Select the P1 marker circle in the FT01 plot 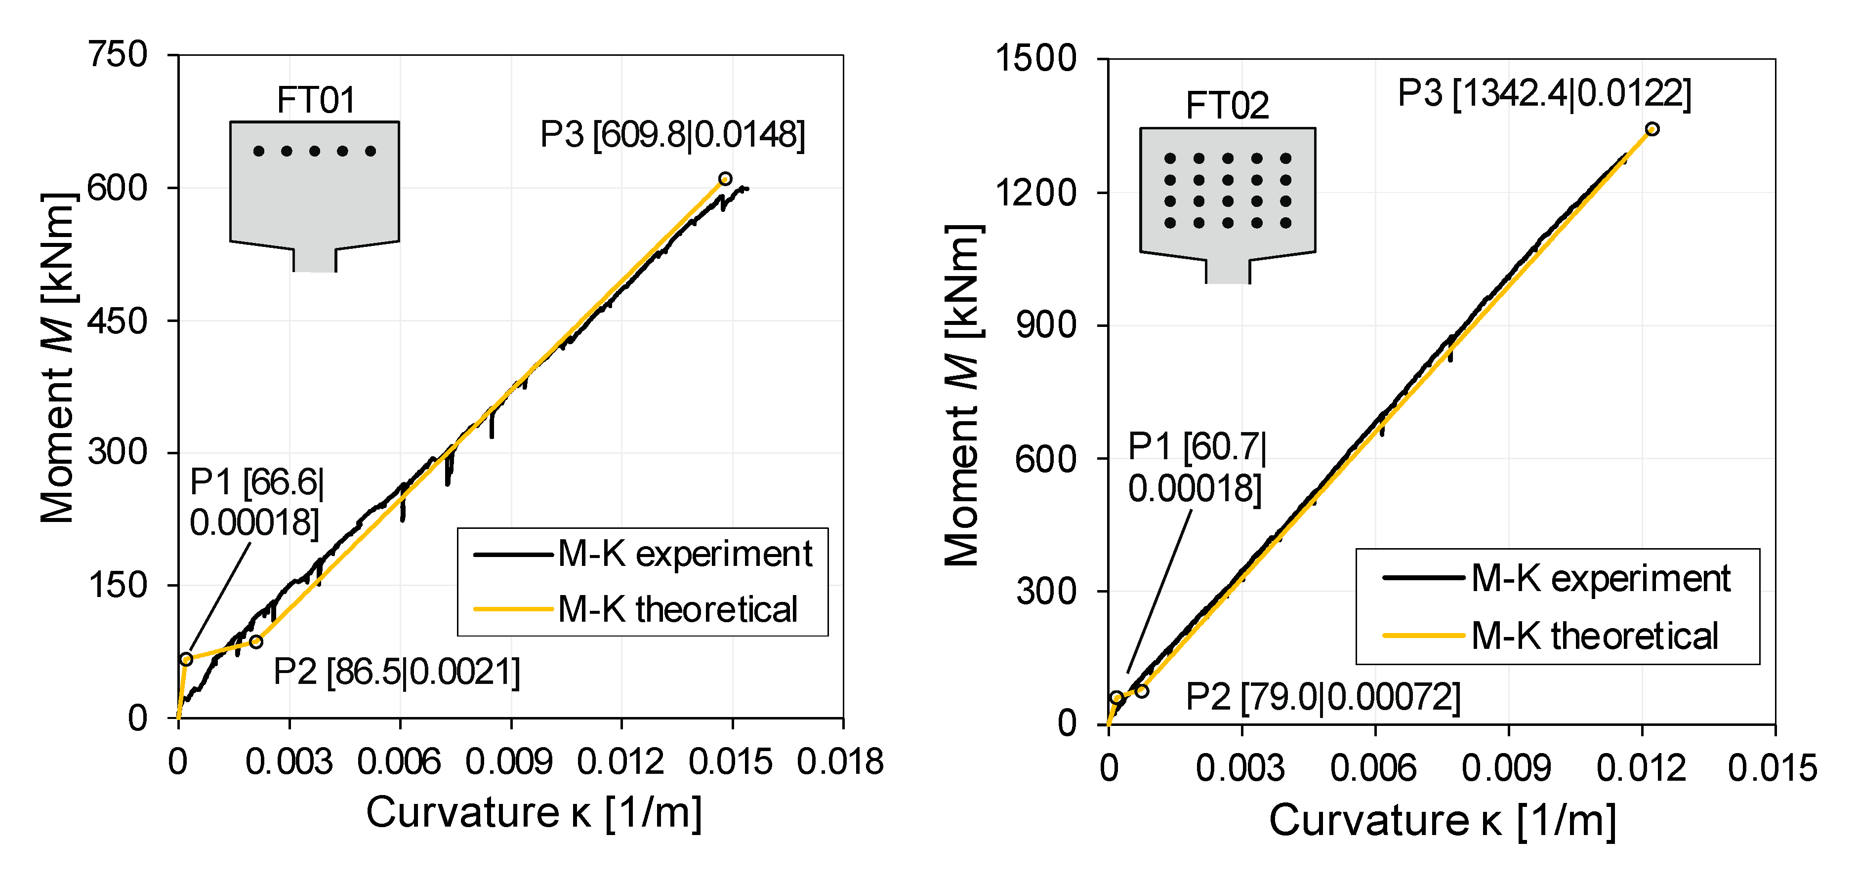point(186,659)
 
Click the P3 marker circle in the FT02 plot point(1652,129)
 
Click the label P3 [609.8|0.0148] point(672,135)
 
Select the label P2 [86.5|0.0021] point(397,672)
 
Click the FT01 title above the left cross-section point(316,100)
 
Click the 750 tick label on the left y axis point(118,55)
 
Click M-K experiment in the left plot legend point(684,555)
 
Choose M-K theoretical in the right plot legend point(1594,636)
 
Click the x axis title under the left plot point(534,813)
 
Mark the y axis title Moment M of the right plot point(962,395)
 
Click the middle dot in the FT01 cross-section point(315,151)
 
